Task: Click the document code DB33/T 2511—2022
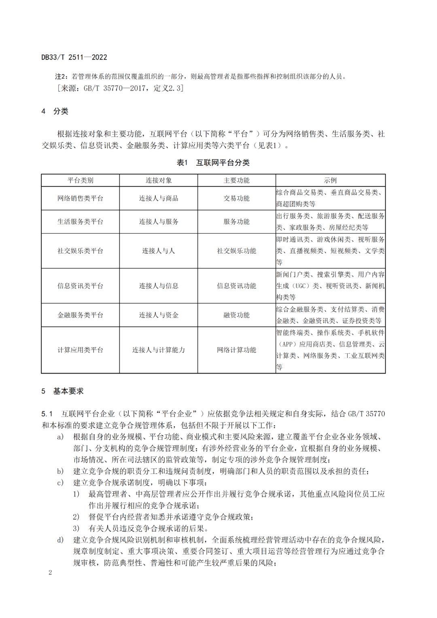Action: coord(74,57)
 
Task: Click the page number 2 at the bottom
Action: coord(50,572)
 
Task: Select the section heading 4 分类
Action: coord(55,111)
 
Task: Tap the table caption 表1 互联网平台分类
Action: coord(213,163)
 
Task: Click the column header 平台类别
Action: coord(80,181)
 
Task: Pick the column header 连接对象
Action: coord(159,181)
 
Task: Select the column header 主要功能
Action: coord(237,181)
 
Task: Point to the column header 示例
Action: coord(330,181)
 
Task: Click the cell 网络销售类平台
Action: coord(80,198)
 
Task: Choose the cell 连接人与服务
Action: coord(159,222)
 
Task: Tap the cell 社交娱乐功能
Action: coord(237,251)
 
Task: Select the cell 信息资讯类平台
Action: coord(80,286)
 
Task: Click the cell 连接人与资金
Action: coord(159,315)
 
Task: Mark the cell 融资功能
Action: coord(237,315)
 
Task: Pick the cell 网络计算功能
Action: coord(237,350)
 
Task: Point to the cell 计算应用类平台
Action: coord(80,350)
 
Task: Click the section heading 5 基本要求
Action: coord(63,391)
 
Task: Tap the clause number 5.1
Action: coord(47,414)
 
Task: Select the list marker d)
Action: coord(60,540)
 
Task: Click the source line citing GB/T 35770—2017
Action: coord(120,88)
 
